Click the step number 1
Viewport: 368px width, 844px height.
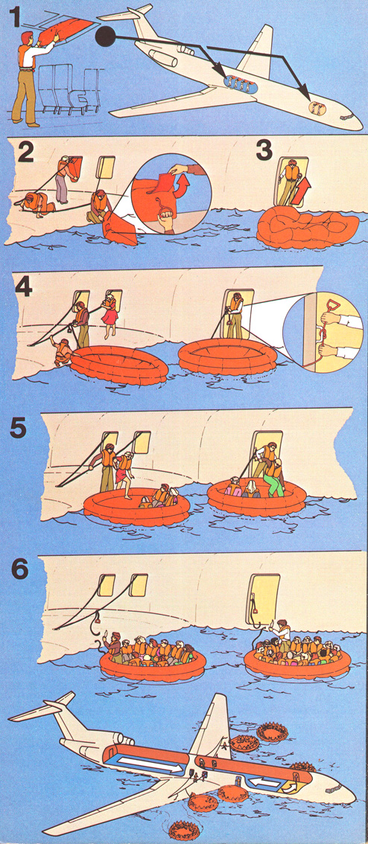(x=16, y=16)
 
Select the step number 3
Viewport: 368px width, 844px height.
(x=264, y=150)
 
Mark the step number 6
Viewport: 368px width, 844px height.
(x=19, y=570)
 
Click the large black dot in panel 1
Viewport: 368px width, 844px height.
(x=105, y=36)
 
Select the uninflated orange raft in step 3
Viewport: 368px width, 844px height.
(x=308, y=227)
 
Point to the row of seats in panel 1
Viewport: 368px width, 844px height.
(x=69, y=89)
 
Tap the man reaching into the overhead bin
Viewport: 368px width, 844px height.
(x=29, y=78)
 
